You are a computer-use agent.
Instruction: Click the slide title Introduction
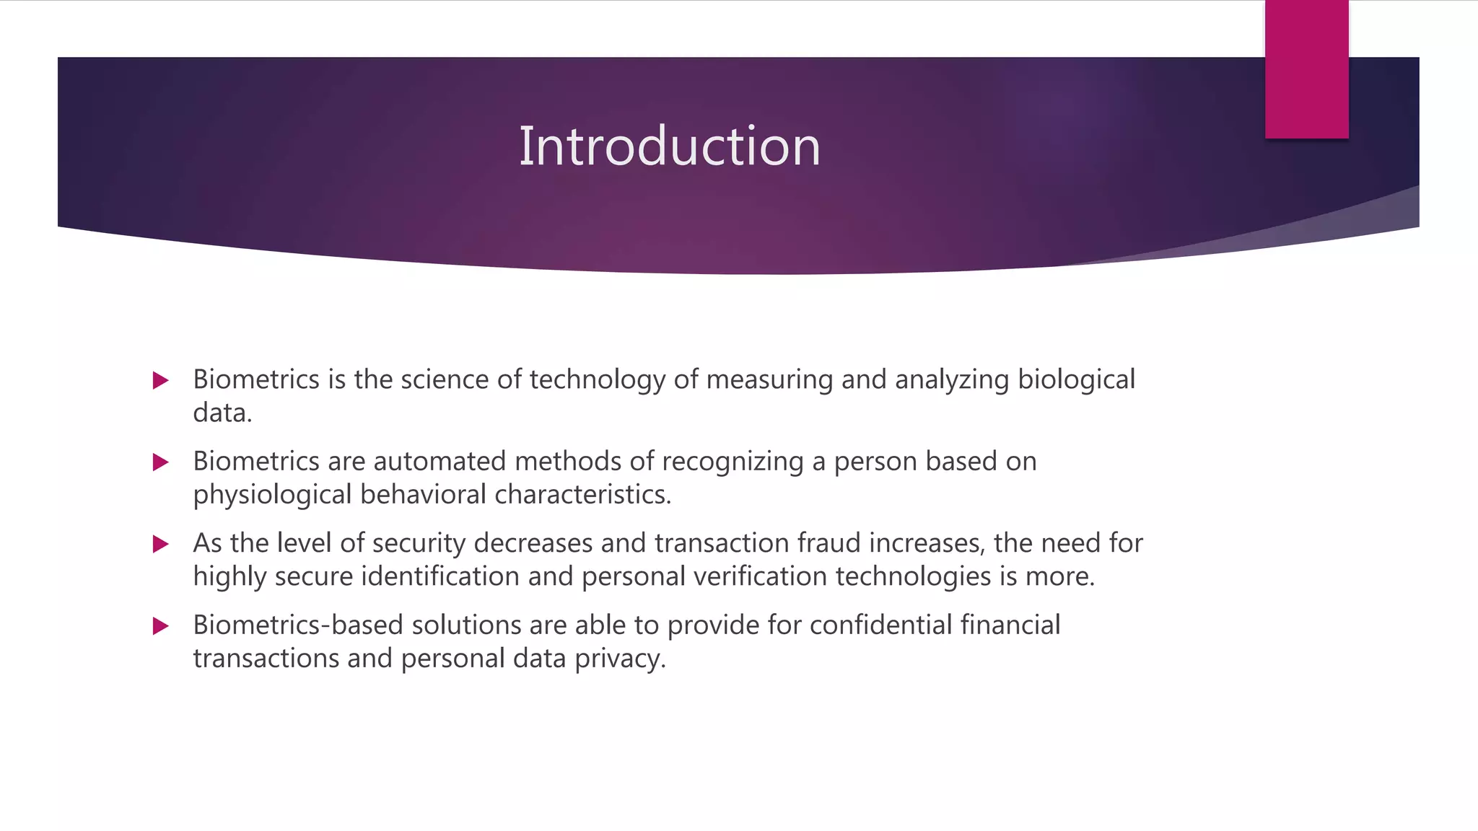click(670, 146)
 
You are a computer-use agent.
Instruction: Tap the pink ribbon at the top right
click(1306, 69)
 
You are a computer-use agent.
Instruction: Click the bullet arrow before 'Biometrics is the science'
click(161, 380)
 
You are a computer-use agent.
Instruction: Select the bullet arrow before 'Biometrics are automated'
click(161, 462)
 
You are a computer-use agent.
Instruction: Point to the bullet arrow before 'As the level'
click(161, 543)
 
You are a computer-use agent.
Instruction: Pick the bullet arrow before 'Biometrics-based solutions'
click(161, 625)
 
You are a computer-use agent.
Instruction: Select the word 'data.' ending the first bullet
click(222, 413)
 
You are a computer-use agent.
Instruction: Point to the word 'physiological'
click(272, 495)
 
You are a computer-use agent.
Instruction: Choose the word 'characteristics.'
click(582, 495)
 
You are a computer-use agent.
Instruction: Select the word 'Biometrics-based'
click(298, 625)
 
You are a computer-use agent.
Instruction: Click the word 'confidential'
click(880, 625)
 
